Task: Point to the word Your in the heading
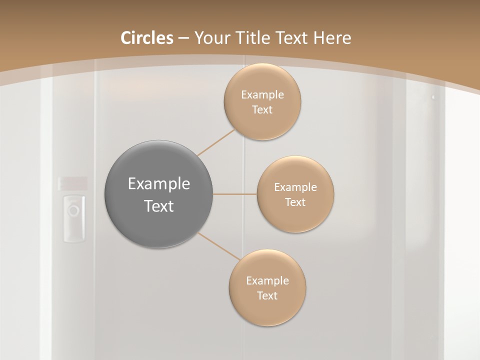(x=212, y=38)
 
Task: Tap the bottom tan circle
(x=267, y=310)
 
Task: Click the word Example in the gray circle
(x=158, y=184)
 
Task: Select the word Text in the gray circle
(x=158, y=206)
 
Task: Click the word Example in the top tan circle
(x=262, y=95)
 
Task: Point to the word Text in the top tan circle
(x=262, y=110)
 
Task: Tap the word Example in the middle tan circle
(x=295, y=187)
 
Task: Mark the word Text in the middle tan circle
(x=295, y=202)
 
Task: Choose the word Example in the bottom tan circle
(x=267, y=281)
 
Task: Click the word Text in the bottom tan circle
(x=267, y=296)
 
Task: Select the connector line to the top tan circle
(x=216, y=143)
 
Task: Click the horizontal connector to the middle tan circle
(x=235, y=194)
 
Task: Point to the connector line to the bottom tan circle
(x=219, y=246)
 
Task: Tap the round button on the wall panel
(x=73, y=209)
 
